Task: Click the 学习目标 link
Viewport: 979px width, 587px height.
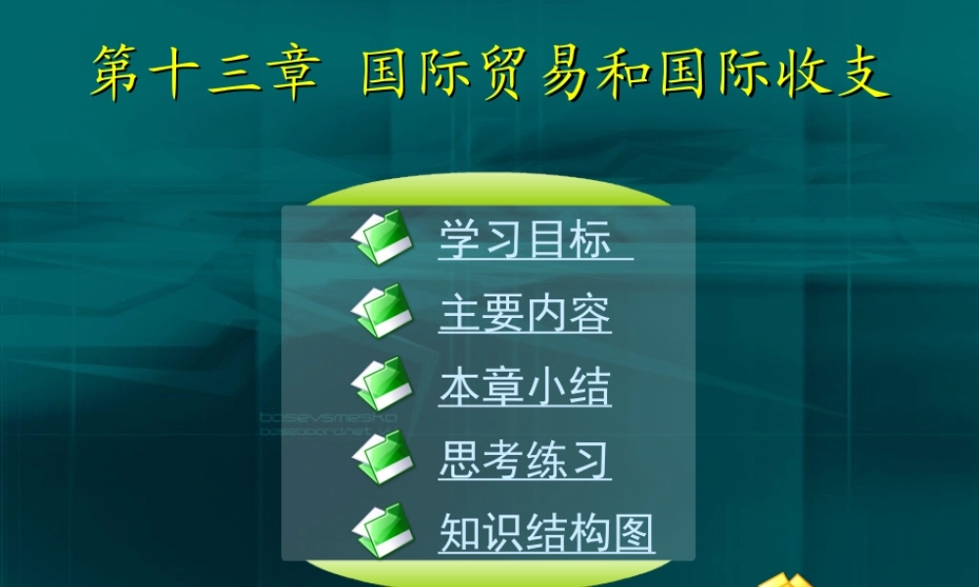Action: coord(525,240)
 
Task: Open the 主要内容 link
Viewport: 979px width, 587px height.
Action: coord(525,314)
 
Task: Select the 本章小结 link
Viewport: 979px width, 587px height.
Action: coord(525,387)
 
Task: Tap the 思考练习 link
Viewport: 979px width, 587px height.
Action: coord(525,460)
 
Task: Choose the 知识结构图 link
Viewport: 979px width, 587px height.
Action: coord(546,533)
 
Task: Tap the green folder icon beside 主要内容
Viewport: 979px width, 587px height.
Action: coord(383,311)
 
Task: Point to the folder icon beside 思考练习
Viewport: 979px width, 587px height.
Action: coord(383,457)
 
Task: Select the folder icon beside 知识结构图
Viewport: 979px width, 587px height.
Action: coord(383,530)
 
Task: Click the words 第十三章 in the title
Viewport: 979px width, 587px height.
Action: coord(205,73)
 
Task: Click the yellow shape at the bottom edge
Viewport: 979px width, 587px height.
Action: coord(788,579)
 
